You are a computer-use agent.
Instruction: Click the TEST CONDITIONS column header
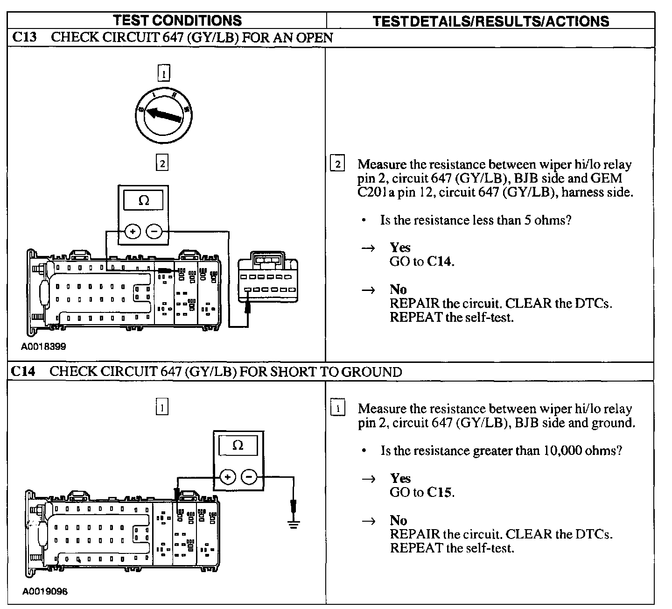[177, 21]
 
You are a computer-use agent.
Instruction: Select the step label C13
[24, 37]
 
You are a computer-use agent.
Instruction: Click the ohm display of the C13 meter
[143, 200]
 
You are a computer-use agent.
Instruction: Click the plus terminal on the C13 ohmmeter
[133, 232]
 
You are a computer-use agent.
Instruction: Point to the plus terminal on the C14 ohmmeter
[228, 477]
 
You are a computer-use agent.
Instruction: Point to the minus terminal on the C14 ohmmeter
[249, 477]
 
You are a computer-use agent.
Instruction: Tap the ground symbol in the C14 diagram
[294, 522]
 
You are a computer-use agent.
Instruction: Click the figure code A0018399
[43, 347]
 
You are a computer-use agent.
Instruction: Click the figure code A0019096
[45, 591]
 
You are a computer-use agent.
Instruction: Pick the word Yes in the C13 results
[400, 248]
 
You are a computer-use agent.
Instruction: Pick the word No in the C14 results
[399, 521]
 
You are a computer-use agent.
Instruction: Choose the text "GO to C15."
[422, 492]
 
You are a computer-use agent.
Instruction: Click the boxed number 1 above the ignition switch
[163, 73]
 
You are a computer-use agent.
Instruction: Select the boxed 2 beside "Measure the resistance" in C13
[337, 164]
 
